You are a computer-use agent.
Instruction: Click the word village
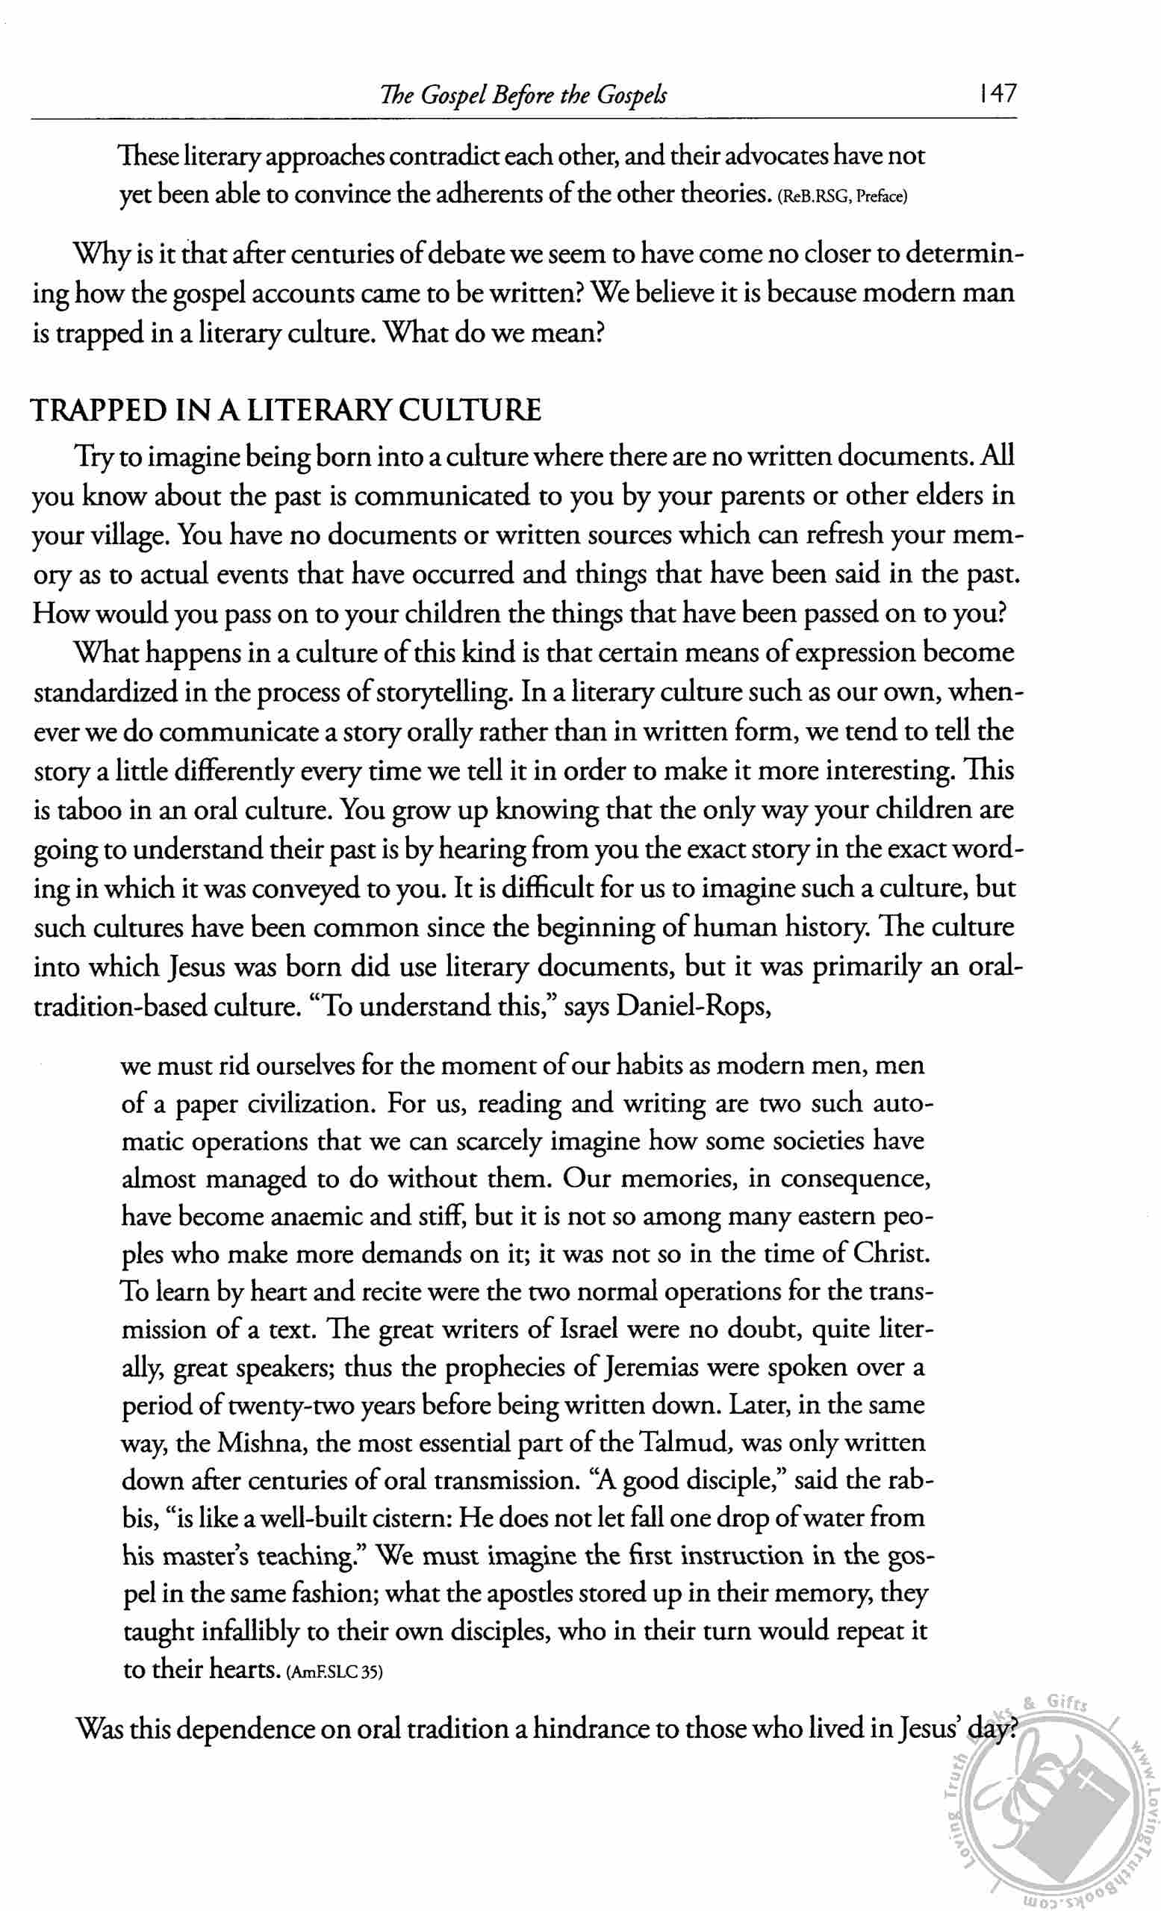tap(128, 536)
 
